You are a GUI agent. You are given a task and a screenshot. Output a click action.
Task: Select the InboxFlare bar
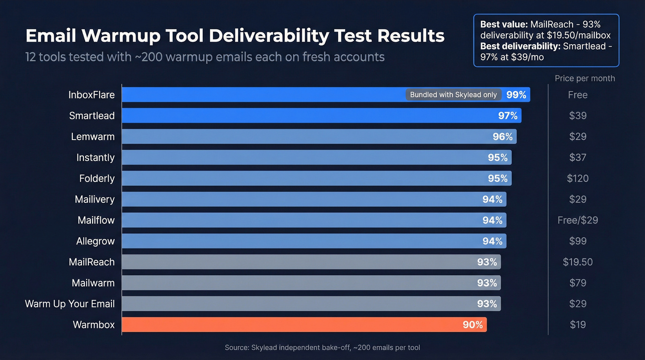(263, 94)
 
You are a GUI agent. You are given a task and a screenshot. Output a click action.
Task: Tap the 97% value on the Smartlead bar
(508, 116)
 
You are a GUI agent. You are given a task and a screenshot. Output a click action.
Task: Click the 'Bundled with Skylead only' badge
(453, 94)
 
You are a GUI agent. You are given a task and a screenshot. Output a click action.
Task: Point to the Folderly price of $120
(577, 178)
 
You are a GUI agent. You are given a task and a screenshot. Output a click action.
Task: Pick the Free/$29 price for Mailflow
(577, 220)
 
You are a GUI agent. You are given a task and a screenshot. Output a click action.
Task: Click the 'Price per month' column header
(584, 78)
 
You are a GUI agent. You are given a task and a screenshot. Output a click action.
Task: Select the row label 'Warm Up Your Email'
(70, 304)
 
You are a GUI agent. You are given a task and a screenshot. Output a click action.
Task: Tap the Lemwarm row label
(93, 136)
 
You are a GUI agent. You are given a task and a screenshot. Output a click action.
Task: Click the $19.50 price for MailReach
(577, 262)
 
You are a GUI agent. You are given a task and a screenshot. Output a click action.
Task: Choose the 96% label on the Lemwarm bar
(503, 136)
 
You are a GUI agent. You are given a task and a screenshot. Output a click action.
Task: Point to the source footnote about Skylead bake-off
(322, 348)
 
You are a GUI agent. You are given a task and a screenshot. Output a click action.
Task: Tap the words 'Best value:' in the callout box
(504, 24)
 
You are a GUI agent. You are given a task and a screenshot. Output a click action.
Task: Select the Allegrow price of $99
(577, 241)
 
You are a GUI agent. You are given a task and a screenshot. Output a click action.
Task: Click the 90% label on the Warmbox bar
(473, 325)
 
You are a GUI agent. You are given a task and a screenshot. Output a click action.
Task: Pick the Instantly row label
(95, 158)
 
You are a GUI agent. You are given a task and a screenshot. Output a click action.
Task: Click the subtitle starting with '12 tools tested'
(205, 57)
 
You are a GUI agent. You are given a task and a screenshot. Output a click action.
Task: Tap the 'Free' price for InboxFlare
(577, 95)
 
